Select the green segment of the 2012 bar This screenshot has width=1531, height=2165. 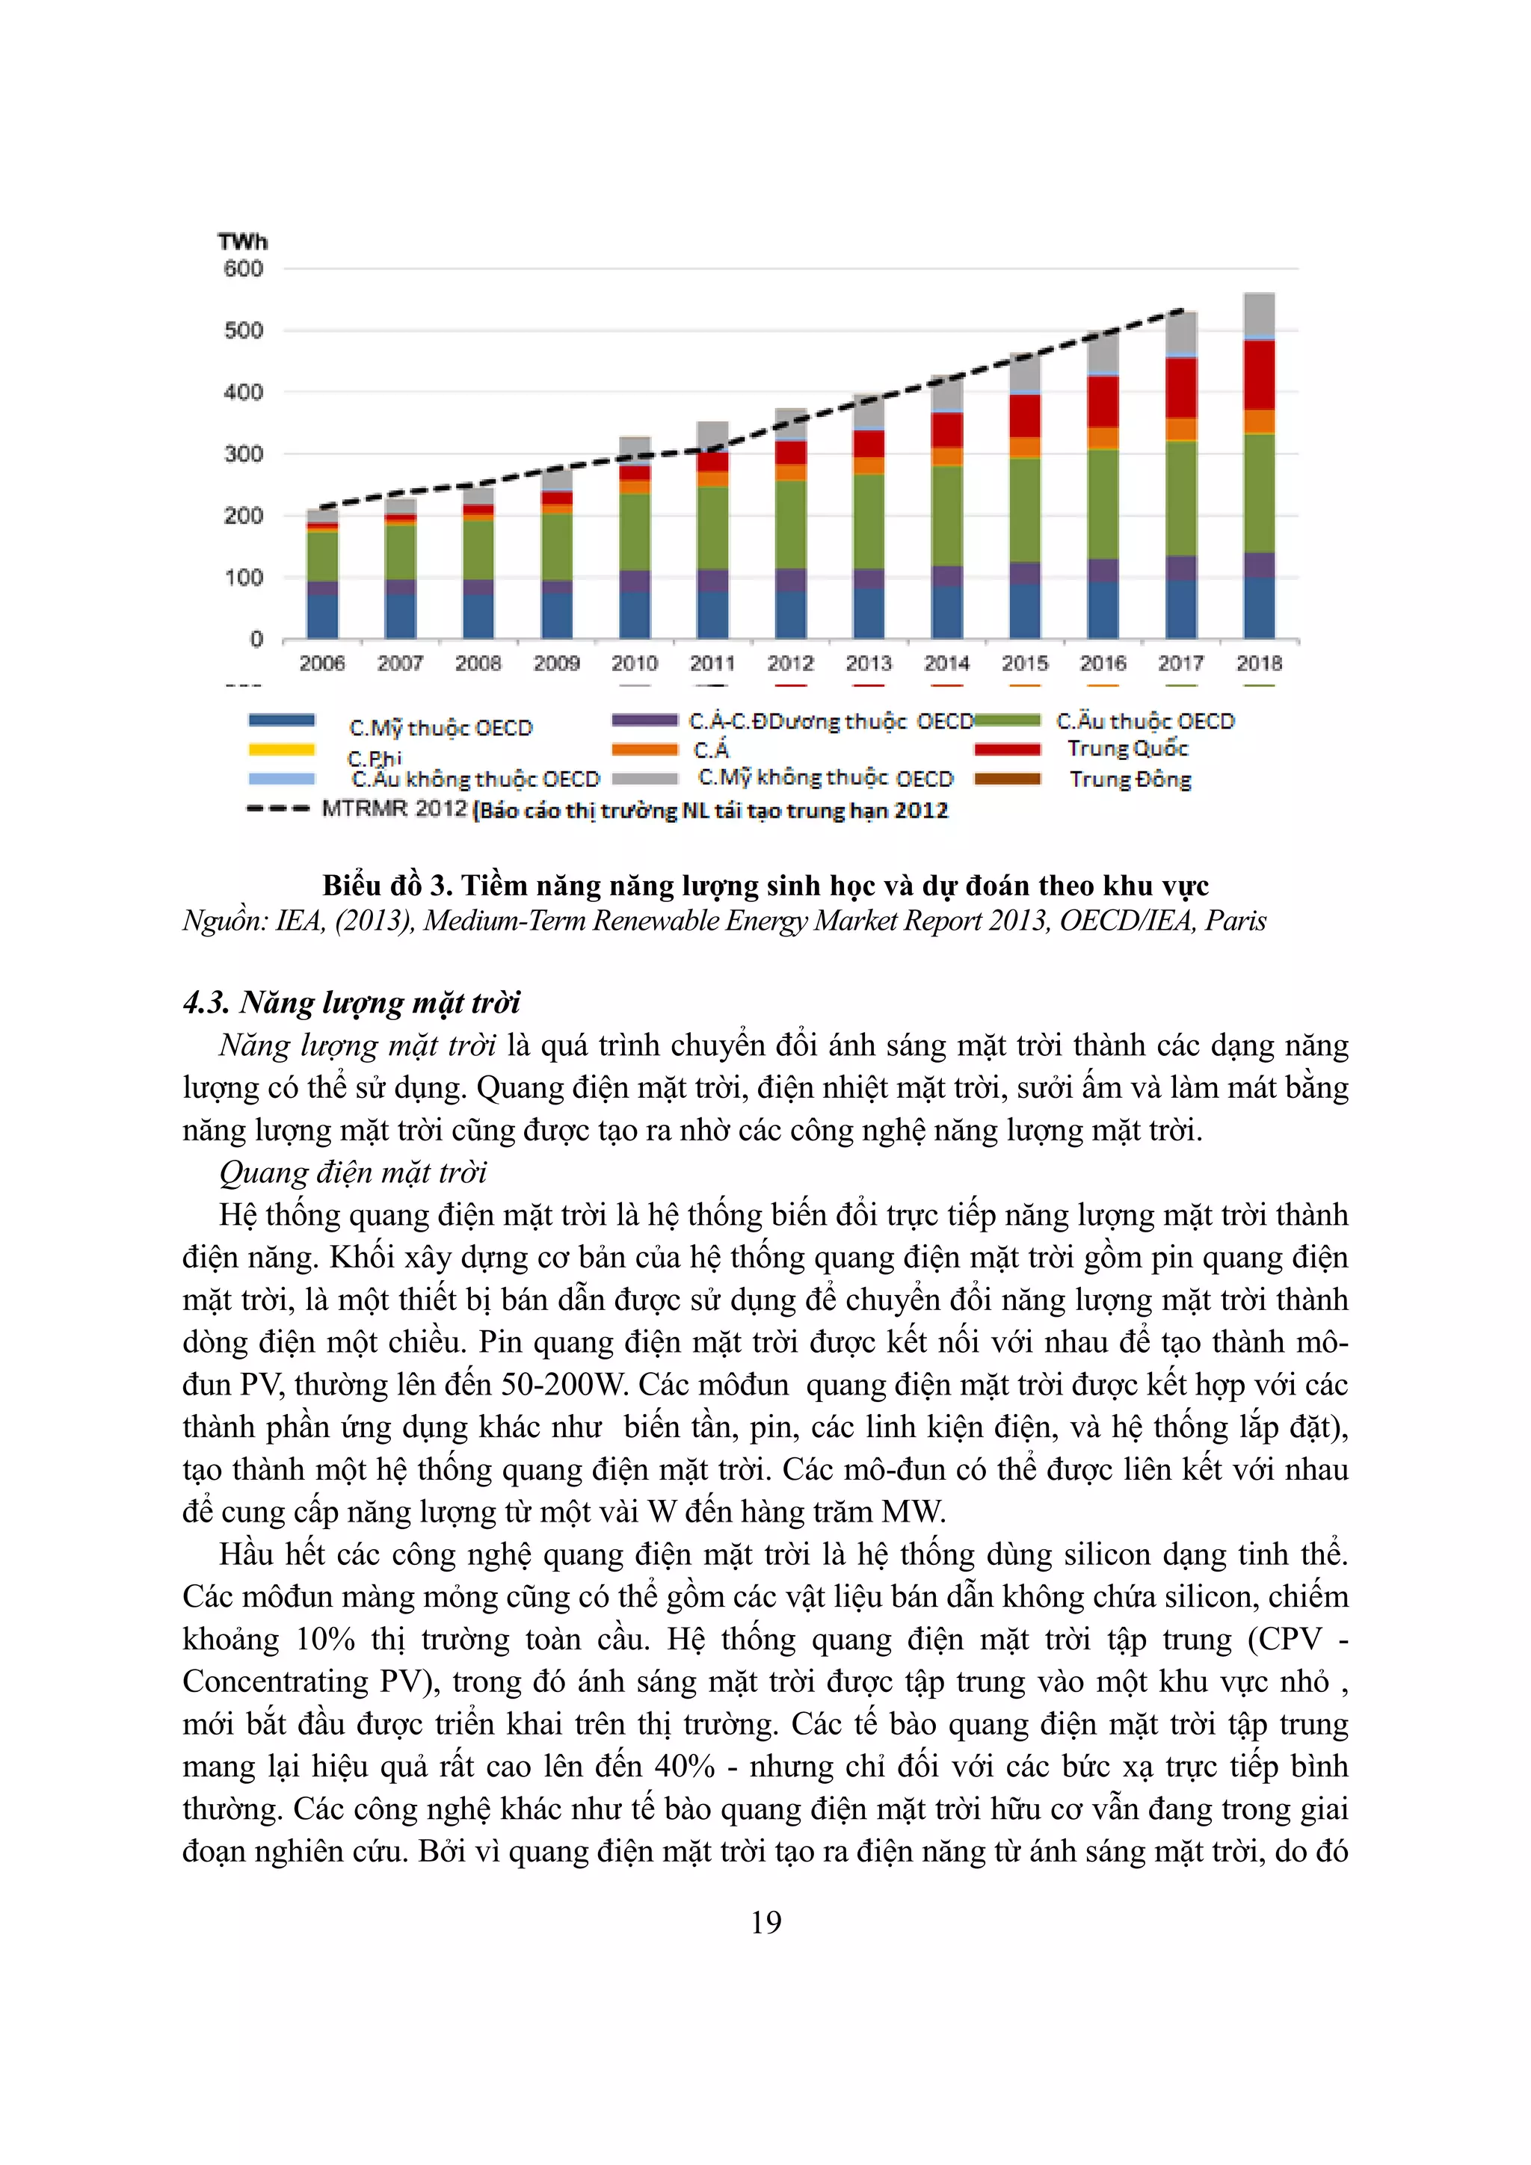(790, 523)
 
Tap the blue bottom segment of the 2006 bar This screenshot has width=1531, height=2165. (323, 615)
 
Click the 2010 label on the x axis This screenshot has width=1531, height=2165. (634, 663)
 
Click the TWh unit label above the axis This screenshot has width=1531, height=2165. (242, 241)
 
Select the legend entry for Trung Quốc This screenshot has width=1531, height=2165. (1127, 749)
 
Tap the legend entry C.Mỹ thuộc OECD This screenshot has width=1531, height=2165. (440, 728)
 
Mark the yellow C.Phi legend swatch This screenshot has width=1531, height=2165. (281, 750)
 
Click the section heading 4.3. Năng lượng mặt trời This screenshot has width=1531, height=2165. (351, 1002)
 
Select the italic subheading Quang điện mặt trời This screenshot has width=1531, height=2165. (353, 1172)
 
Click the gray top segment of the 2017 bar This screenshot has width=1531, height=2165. (1180, 332)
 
